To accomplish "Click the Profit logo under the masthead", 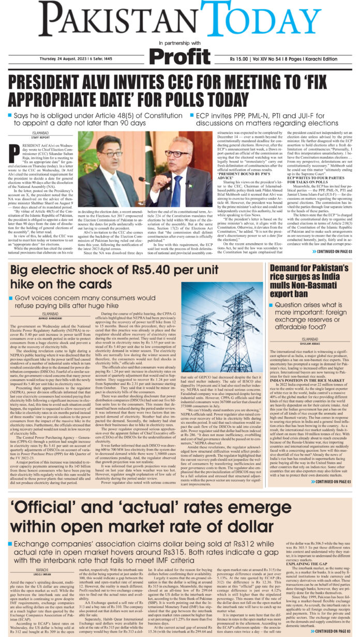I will coord(179,54).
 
